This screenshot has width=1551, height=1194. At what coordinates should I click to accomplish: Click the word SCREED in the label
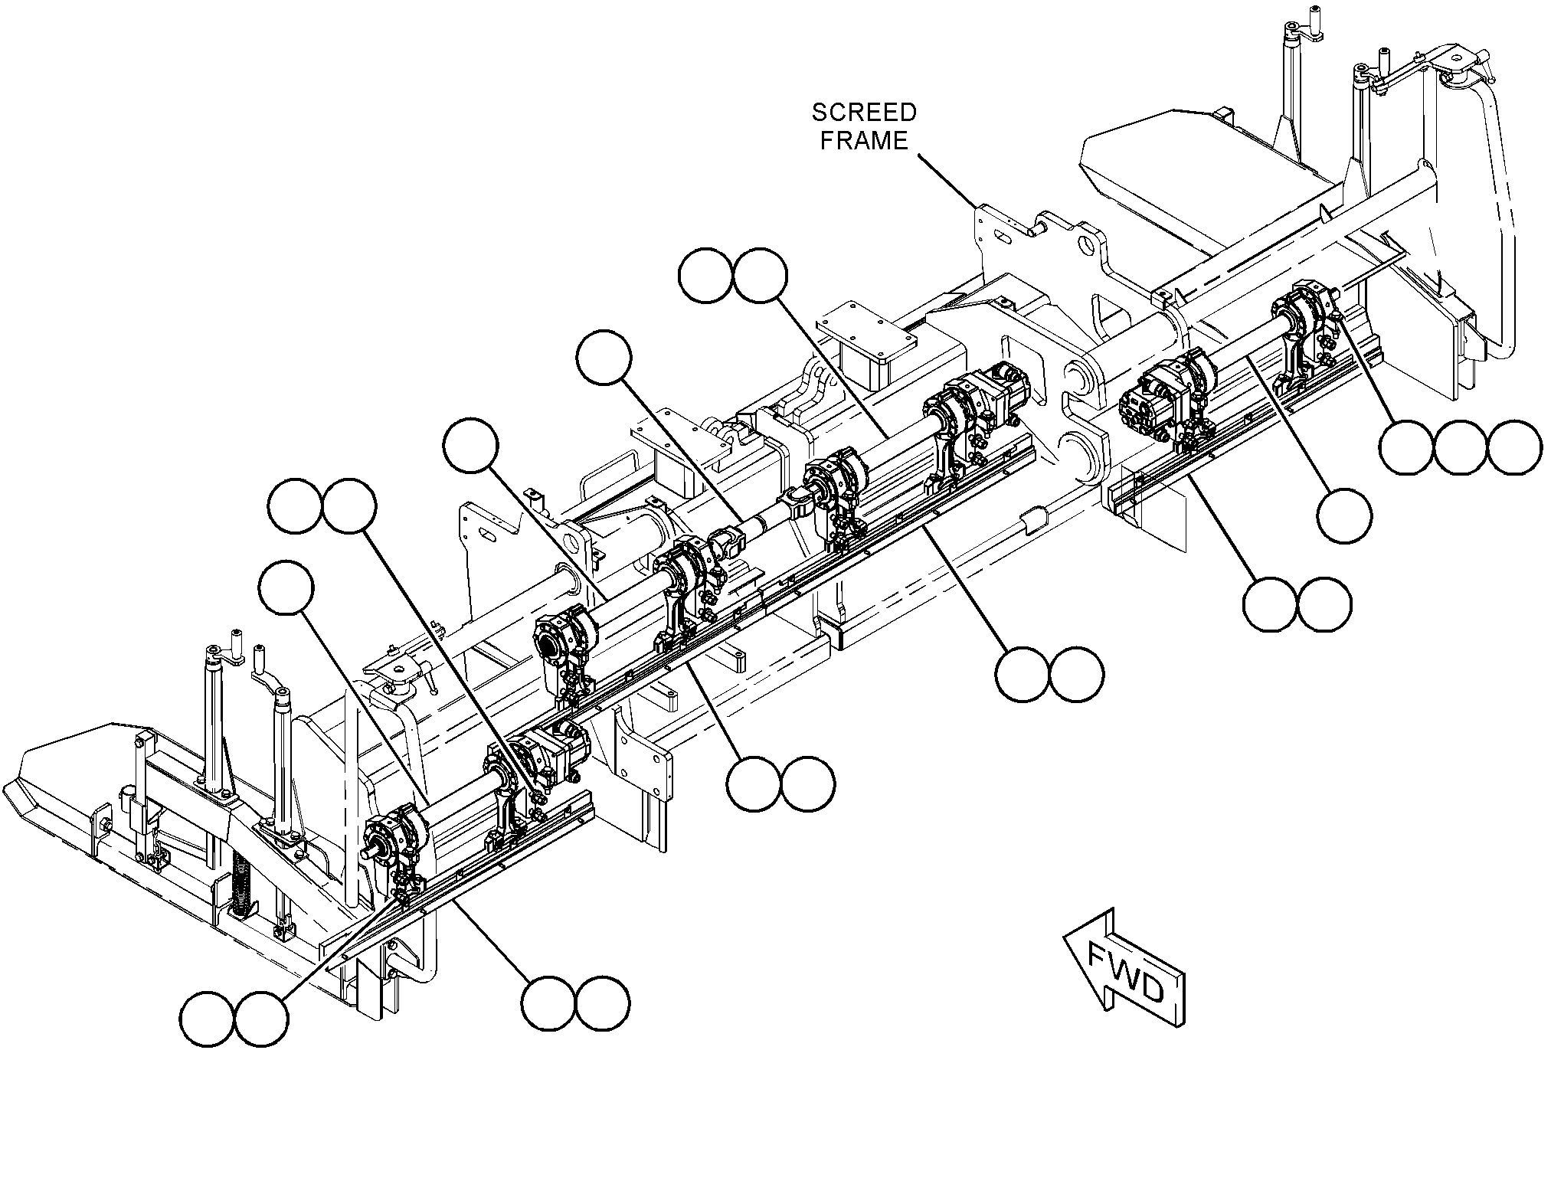[864, 113]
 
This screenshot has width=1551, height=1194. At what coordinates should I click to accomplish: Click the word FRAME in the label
[864, 141]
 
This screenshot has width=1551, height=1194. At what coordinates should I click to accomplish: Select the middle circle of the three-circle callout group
[1461, 447]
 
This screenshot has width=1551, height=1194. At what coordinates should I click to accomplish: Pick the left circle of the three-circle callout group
[1406, 447]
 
